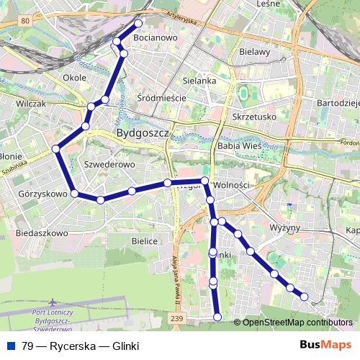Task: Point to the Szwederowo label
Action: pyautogui.click(x=110, y=165)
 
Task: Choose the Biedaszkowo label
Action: pyautogui.click(x=41, y=234)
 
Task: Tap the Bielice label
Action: pyautogui.click(x=144, y=242)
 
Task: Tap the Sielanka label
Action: pyautogui.click(x=200, y=81)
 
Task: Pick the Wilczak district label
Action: pyautogui.click(x=30, y=104)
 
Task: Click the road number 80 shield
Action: pyautogui.click(x=25, y=22)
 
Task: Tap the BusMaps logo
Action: pyautogui.click(x=324, y=345)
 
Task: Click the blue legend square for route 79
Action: pyautogui.click(x=11, y=346)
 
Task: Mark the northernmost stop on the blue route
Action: pyautogui.click(x=138, y=23)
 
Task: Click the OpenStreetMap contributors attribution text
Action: pyautogui.click(x=297, y=323)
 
